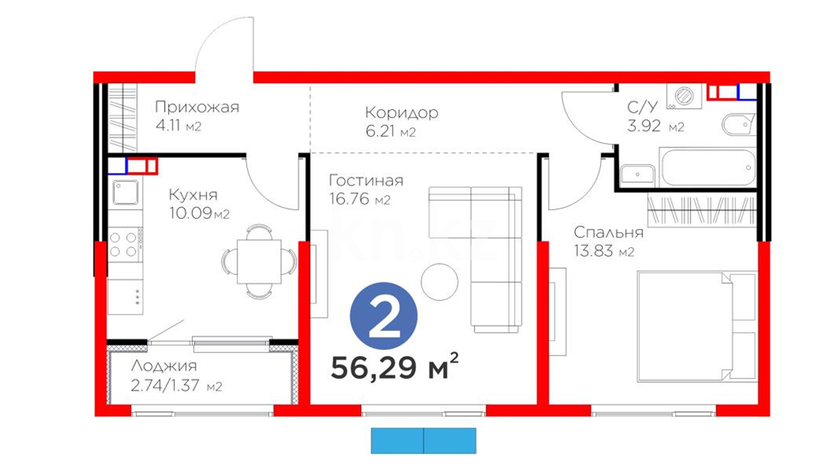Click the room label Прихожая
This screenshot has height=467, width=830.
[x=197, y=107]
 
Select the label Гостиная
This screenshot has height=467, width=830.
[x=366, y=180]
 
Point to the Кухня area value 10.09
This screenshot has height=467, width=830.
[x=191, y=213]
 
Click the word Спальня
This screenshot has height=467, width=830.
[x=609, y=233]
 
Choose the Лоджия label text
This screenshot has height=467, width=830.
[x=164, y=366]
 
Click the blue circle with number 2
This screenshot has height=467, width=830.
[x=384, y=316]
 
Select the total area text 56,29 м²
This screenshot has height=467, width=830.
[x=394, y=367]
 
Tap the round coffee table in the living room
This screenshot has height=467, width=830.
[x=440, y=282]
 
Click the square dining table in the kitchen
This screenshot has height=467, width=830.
[x=259, y=261]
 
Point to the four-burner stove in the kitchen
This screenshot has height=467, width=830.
[x=124, y=244]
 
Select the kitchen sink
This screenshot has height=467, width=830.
[x=126, y=192]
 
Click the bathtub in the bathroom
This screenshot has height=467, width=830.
[x=707, y=168]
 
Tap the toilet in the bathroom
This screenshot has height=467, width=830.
[x=738, y=124]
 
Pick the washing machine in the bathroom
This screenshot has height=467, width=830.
[x=684, y=96]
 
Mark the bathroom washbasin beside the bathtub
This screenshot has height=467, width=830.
[x=638, y=175]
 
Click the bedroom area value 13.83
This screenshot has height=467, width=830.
[x=594, y=251]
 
